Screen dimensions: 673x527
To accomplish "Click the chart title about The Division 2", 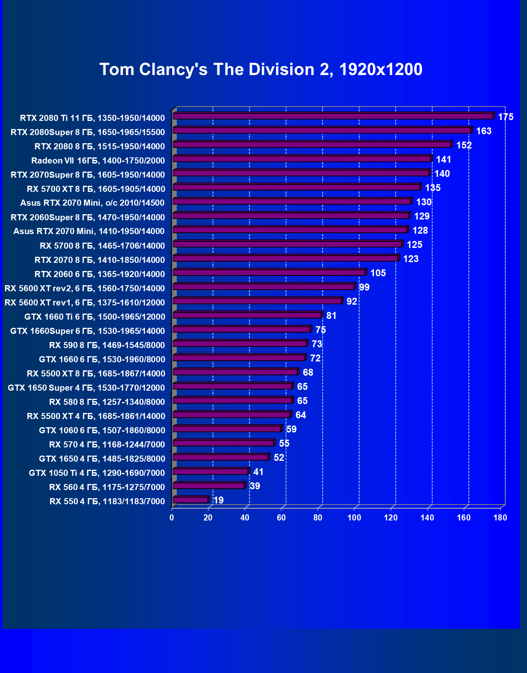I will [261, 69].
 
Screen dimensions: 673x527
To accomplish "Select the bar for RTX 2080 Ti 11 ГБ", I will [332, 116].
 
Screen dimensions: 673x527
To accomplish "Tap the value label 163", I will [484, 131].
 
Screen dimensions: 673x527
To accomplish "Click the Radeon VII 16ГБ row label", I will [98, 161].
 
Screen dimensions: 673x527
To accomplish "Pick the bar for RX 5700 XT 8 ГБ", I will [296, 187].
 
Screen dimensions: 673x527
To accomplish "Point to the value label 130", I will [424, 202].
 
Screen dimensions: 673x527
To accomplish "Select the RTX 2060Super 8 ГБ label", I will [88, 217].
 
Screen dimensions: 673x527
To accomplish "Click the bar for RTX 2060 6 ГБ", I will [269, 273].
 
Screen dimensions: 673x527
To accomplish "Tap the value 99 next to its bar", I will [364, 287].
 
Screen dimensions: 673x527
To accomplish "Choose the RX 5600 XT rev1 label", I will [85, 303].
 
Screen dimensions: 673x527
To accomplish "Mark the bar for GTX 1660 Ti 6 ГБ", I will [247, 315].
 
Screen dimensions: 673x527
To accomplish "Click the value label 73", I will [317, 344].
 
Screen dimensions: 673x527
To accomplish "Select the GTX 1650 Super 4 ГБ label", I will [86, 388].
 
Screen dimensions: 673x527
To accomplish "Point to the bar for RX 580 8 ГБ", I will [232, 400].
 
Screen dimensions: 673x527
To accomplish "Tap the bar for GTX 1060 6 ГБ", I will [227, 429].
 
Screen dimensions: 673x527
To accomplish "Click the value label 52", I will [279, 458].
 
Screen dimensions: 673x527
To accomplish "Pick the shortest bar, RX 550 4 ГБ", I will [190, 500].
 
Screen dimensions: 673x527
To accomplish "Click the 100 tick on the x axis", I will [354, 518].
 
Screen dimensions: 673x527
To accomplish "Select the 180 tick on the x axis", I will [500, 518].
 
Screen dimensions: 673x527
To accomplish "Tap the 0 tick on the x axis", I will [172, 518].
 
